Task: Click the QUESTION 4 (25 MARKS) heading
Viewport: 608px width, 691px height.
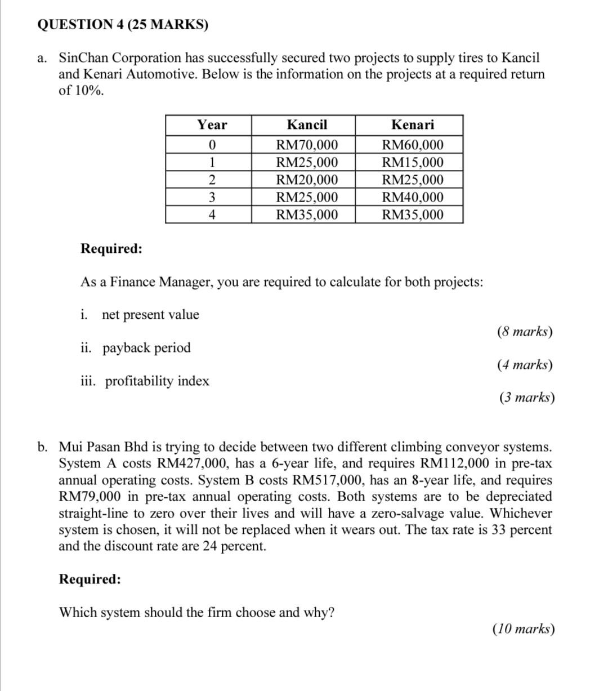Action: (x=122, y=25)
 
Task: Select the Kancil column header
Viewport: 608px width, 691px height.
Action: (x=307, y=125)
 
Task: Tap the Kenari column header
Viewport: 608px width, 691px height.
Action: (x=412, y=125)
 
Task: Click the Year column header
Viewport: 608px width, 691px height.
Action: (x=212, y=125)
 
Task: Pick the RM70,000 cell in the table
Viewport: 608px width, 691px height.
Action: (x=307, y=145)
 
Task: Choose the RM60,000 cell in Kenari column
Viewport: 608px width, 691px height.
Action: (x=412, y=145)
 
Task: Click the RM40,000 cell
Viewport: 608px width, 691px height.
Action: (x=412, y=198)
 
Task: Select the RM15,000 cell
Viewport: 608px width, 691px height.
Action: (x=412, y=163)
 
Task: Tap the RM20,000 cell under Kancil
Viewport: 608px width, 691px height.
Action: (x=307, y=180)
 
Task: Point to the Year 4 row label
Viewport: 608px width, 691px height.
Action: (x=212, y=215)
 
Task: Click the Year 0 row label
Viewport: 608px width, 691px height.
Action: (x=212, y=145)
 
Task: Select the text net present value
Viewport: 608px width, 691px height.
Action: (x=150, y=315)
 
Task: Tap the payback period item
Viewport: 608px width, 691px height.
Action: (x=146, y=348)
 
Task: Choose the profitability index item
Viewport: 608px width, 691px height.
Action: (x=157, y=381)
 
